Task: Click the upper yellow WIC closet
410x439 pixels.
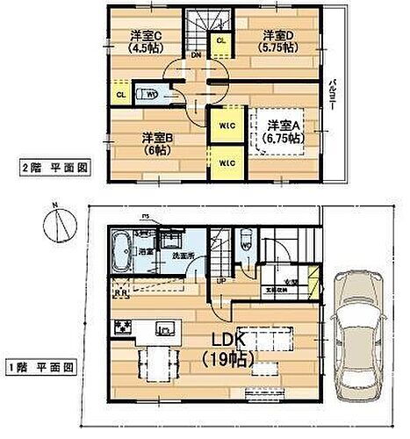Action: point(224,126)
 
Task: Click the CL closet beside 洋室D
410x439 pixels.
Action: point(219,40)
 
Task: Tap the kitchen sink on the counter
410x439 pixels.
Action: point(163,328)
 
